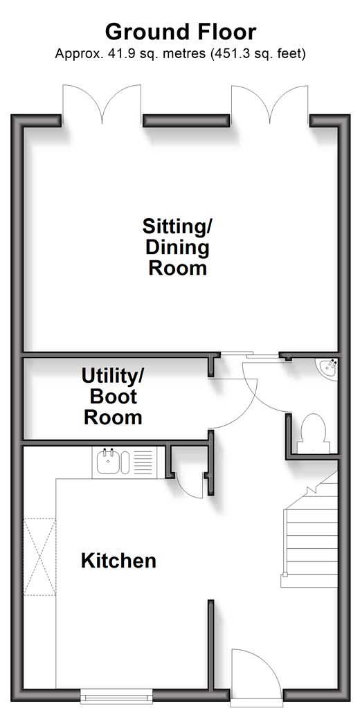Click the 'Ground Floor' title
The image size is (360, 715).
click(x=180, y=32)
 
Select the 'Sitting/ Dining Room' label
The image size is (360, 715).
click(x=177, y=247)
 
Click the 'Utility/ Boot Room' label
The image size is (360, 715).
click(x=113, y=396)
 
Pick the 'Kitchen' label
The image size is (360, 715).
click(x=118, y=561)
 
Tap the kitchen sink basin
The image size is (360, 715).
click(x=108, y=462)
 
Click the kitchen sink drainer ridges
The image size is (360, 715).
click(x=143, y=462)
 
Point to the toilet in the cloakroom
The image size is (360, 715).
click(x=313, y=433)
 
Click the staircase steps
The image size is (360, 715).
click(x=309, y=536)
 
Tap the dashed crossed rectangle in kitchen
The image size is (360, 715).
click(x=39, y=556)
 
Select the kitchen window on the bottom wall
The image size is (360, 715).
click(x=116, y=696)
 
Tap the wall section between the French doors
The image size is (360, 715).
click(x=186, y=120)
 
